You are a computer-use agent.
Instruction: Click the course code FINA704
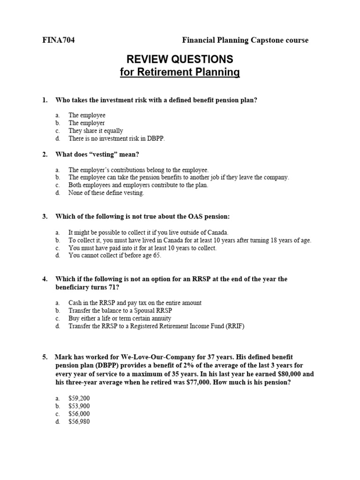(x=58, y=40)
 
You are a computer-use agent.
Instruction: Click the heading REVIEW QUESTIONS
(x=180, y=59)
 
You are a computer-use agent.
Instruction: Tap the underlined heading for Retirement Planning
(x=180, y=73)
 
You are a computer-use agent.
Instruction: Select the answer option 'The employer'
(x=86, y=123)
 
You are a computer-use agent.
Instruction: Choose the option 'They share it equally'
(x=96, y=131)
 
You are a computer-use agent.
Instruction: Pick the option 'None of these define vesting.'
(x=106, y=193)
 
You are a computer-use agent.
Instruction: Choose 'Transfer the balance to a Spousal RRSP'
(x=124, y=310)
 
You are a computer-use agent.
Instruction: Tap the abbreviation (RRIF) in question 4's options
(x=235, y=326)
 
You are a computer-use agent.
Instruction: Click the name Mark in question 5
(x=63, y=357)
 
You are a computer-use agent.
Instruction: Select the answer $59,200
(x=79, y=398)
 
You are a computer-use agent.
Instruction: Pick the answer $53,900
(x=79, y=406)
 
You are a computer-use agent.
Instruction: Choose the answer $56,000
(x=79, y=414)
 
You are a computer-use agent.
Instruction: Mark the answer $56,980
(x=79, y=421)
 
